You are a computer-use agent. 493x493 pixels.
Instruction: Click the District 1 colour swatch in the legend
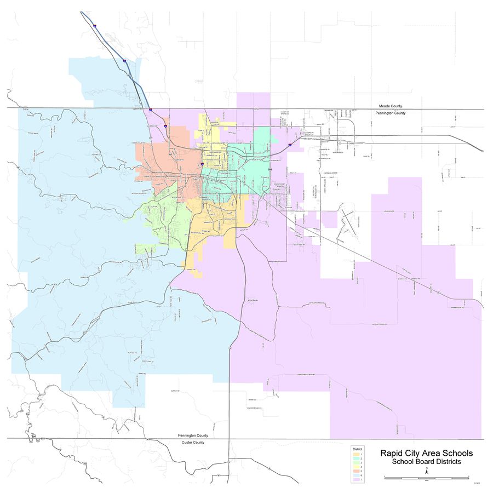click(356, 454)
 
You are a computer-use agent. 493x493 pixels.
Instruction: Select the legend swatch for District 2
click(356, 458)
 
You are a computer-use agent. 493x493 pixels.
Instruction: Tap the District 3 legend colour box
click(356, 463)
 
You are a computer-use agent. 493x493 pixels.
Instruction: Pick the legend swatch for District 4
click(356, 467)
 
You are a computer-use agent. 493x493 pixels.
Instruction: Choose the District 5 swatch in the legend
click(356, 471)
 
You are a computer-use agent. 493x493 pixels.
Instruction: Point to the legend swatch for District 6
click(356, 475)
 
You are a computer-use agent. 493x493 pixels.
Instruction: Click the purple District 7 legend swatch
click(356, 479)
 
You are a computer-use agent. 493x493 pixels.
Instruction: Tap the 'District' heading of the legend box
click(357, 449)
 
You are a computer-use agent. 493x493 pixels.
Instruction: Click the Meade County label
click(390, 106)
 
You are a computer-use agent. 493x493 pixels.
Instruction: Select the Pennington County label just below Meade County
click(390, 113)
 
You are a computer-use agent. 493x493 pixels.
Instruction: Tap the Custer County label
click(193, 442)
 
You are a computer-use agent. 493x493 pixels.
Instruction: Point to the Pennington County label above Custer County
click(193, 435)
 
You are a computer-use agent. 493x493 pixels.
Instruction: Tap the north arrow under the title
click(427, 470)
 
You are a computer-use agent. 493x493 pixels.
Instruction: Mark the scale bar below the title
click(426, 478)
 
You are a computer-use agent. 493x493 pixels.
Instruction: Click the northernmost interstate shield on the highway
click(95, 26)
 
